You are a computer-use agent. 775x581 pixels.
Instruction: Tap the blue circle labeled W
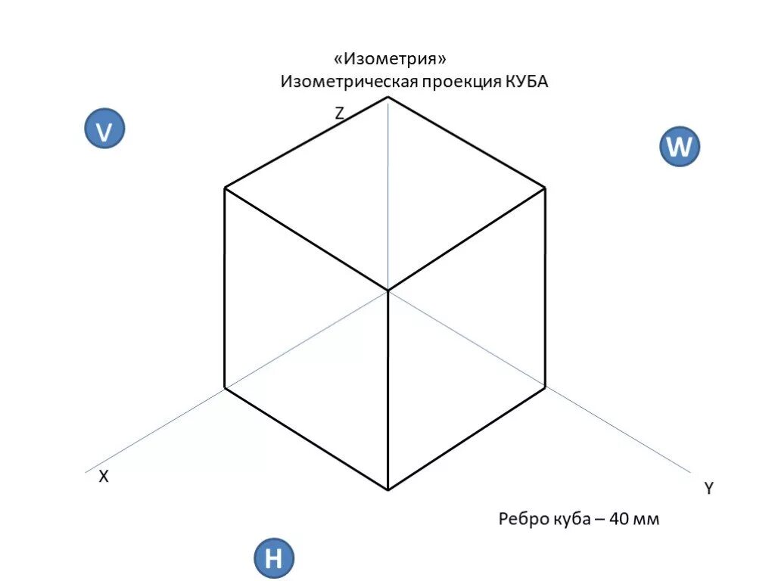point(679,147)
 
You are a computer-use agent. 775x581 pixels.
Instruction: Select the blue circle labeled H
point(273,559)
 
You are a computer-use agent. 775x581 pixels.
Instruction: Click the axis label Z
point(340,114)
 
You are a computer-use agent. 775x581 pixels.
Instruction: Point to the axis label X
point(104,477)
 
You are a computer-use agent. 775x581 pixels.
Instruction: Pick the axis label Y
point(708,489)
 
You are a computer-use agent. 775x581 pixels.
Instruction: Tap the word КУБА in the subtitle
point(526,82)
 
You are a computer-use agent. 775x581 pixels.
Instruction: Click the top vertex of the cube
point(388,97)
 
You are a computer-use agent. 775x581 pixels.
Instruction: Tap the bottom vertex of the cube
point(388,490)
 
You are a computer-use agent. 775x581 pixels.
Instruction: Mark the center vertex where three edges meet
point(388,290)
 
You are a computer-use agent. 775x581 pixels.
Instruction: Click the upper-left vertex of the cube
point(225,188)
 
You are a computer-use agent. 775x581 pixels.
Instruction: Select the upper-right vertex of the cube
point(546,187)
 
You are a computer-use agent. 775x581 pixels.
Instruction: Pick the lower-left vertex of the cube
point(225,389)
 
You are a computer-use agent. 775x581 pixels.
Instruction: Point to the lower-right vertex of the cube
point(546,389)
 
